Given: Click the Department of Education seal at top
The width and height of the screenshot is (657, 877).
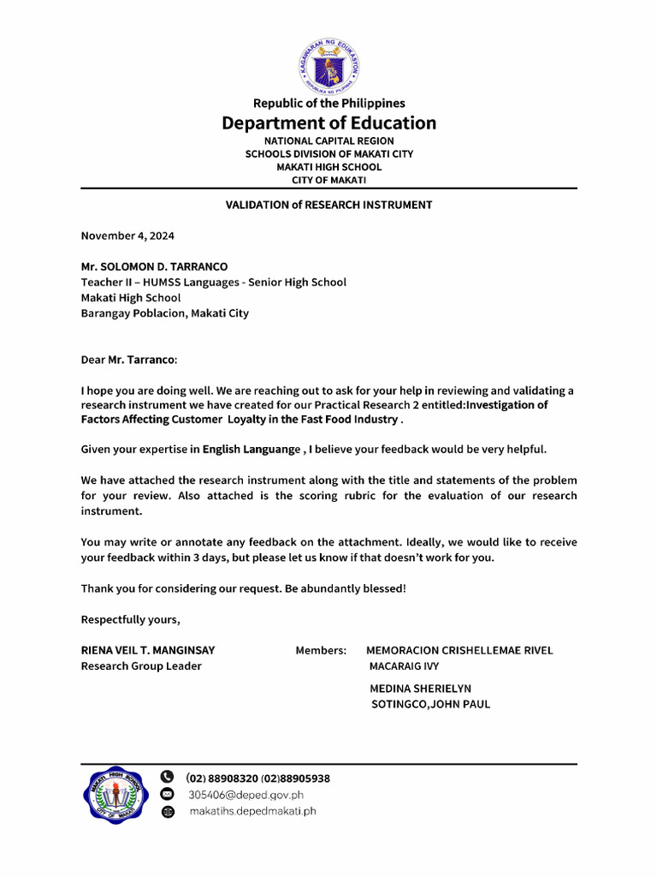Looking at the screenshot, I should tap(329, 67).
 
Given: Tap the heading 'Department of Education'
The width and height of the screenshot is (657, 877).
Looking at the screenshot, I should tap(328, 122).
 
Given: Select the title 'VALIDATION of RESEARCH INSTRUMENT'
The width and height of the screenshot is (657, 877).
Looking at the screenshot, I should tap(328, 205).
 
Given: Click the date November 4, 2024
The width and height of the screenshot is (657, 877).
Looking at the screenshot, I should tap(127, 235).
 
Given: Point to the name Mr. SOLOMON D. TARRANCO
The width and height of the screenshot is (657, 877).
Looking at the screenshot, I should tap(154, 266).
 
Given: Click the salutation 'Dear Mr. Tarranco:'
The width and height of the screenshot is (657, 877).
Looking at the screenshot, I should tap(129, 360).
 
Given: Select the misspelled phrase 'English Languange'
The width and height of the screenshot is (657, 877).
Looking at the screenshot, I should tap(252, 449).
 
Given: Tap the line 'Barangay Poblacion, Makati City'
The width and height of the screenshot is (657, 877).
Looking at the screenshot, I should tap(164, 313).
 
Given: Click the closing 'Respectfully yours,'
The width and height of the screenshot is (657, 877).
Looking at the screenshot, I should tap(130, 619).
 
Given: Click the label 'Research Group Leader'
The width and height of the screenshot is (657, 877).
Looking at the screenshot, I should tap(141, 665).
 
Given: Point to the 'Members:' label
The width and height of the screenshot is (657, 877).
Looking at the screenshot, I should tap(321, 650).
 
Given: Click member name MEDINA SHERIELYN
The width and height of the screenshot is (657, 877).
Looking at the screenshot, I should tap(420, 689).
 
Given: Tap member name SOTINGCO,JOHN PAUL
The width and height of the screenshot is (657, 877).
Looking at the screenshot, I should tap(430, 704).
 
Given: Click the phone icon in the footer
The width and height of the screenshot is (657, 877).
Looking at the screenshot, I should tap(168, 778).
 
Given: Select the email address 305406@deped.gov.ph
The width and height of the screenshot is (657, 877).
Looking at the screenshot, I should tap(246, 795).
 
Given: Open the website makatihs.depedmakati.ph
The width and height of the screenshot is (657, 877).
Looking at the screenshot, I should tap(252, 811).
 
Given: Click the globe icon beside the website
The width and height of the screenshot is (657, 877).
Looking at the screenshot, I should tap(168, 811).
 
